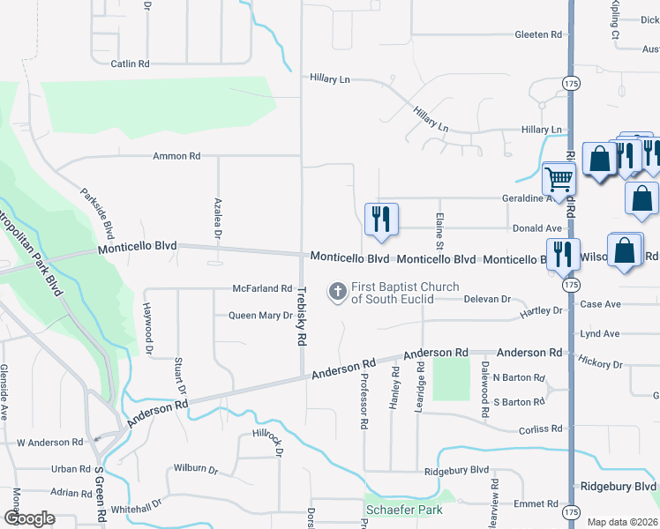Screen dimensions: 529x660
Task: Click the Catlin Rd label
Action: [131, 63]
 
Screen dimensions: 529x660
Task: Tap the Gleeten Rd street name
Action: [538, 34]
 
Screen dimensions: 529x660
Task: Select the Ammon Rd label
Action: [176, 156]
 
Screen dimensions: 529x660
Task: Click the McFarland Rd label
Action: [262, 288]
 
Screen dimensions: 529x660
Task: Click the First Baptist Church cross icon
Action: [337, 291]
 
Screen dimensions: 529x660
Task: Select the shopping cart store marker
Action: [559, 180]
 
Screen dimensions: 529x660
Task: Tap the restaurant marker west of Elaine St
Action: [381, 220]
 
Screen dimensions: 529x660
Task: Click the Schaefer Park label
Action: [403, 510]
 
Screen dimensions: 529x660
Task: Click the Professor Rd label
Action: [364, 400]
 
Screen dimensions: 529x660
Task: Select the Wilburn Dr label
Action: [195, 468]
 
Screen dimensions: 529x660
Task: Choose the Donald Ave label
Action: [537, 227]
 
